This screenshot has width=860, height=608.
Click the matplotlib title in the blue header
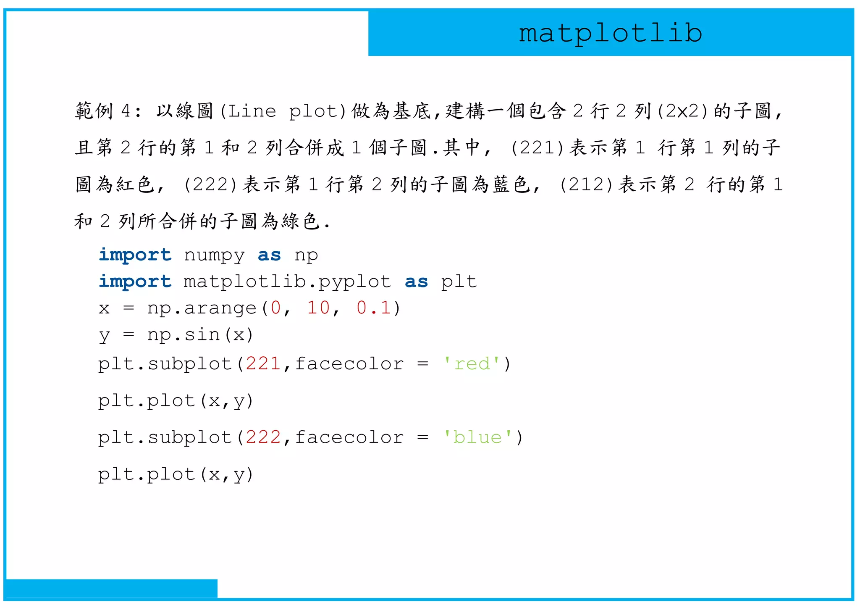[610, 33]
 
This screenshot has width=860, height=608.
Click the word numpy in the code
[214, 255]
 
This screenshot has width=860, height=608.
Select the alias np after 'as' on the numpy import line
[306, 255]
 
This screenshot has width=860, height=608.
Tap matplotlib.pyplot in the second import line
[287, 282]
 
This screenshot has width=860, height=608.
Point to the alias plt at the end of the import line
[459, 282]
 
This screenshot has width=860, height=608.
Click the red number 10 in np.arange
[318, 308]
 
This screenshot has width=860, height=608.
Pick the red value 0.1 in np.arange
[374, 308]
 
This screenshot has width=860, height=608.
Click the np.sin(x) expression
[200, 335]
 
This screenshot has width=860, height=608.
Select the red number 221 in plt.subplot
[263, 364]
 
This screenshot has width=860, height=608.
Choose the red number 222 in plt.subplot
[263, 437]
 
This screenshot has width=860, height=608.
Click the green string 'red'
[472, 364]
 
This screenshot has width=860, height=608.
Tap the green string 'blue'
[478, 437]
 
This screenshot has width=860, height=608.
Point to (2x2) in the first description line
[683, 111]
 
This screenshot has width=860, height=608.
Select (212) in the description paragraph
[587, 185]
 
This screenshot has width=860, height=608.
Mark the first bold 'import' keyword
[135, 255]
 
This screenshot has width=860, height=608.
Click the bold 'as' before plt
[416, 282]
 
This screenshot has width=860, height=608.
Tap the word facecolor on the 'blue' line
[349, 437]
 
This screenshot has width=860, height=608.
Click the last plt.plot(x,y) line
[176, 475]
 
